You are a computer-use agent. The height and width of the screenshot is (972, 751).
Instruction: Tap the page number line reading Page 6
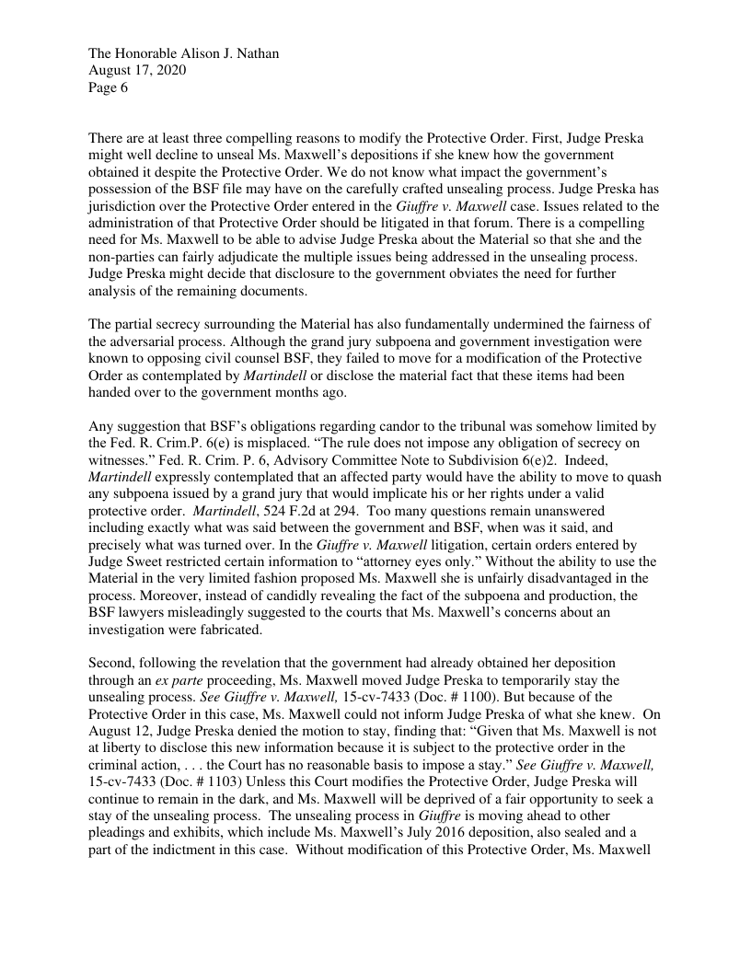click(x=109, y=88)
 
